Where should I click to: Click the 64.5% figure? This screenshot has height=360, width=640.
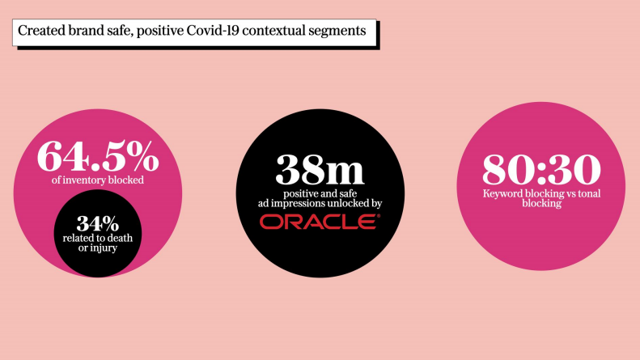point(97,156)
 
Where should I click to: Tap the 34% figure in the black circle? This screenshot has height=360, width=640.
point(96,222)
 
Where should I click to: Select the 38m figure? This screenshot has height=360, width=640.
point(318,170)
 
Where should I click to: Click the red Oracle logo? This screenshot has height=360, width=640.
point(319,222)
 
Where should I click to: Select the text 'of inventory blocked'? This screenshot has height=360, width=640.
point(97,180)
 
